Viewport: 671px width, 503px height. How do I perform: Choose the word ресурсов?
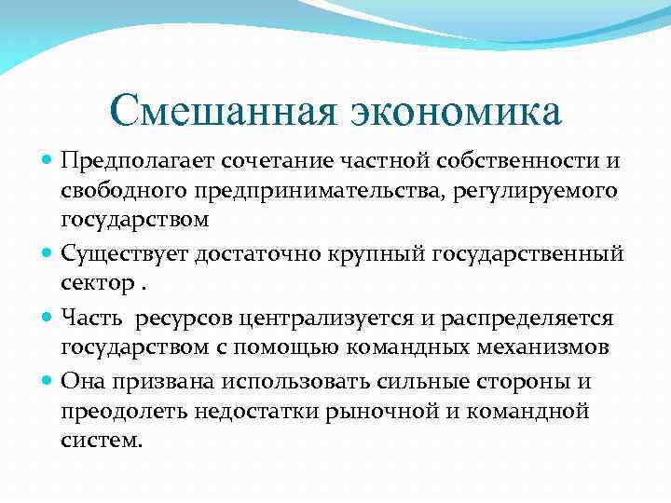pyautogui.click(x=185, y=319)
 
